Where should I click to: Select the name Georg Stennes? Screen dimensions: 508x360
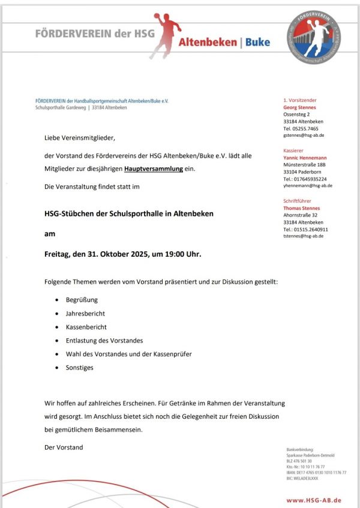point(299,107)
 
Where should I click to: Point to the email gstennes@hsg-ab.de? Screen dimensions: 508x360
point(307,136)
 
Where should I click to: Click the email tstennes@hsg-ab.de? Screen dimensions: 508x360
point(304,236)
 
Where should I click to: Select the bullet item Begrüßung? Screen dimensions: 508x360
point(82,299)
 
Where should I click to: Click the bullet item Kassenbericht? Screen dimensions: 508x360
point(86,327)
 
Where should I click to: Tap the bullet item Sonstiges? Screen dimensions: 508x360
point(80,368)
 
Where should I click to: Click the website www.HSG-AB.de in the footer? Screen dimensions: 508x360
point(314,500)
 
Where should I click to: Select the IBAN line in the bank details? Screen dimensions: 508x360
point(316,473)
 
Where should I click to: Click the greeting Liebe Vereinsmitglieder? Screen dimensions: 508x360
point(79,138)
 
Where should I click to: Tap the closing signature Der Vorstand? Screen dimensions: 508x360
point(64,447)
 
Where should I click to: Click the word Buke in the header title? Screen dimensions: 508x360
point(258,43)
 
